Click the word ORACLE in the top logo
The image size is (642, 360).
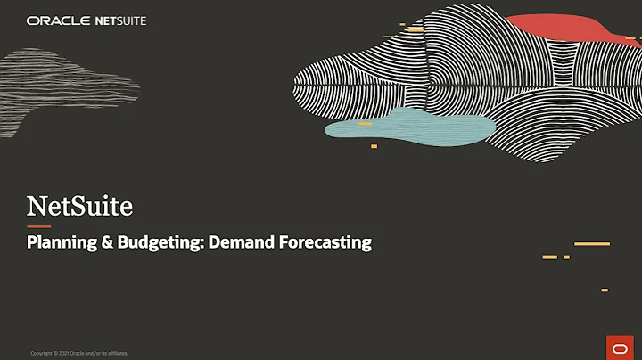coord(56,20)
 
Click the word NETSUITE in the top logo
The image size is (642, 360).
coord(119,20)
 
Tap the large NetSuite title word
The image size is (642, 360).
coord(79,207)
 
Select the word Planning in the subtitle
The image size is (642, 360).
coord(58,241)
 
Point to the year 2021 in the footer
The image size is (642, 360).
coord(62,354)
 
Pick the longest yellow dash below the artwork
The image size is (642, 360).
coord(591,243)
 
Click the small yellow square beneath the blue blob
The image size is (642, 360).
coord(374,145)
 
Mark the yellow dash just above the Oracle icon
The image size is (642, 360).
coord(604,290)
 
